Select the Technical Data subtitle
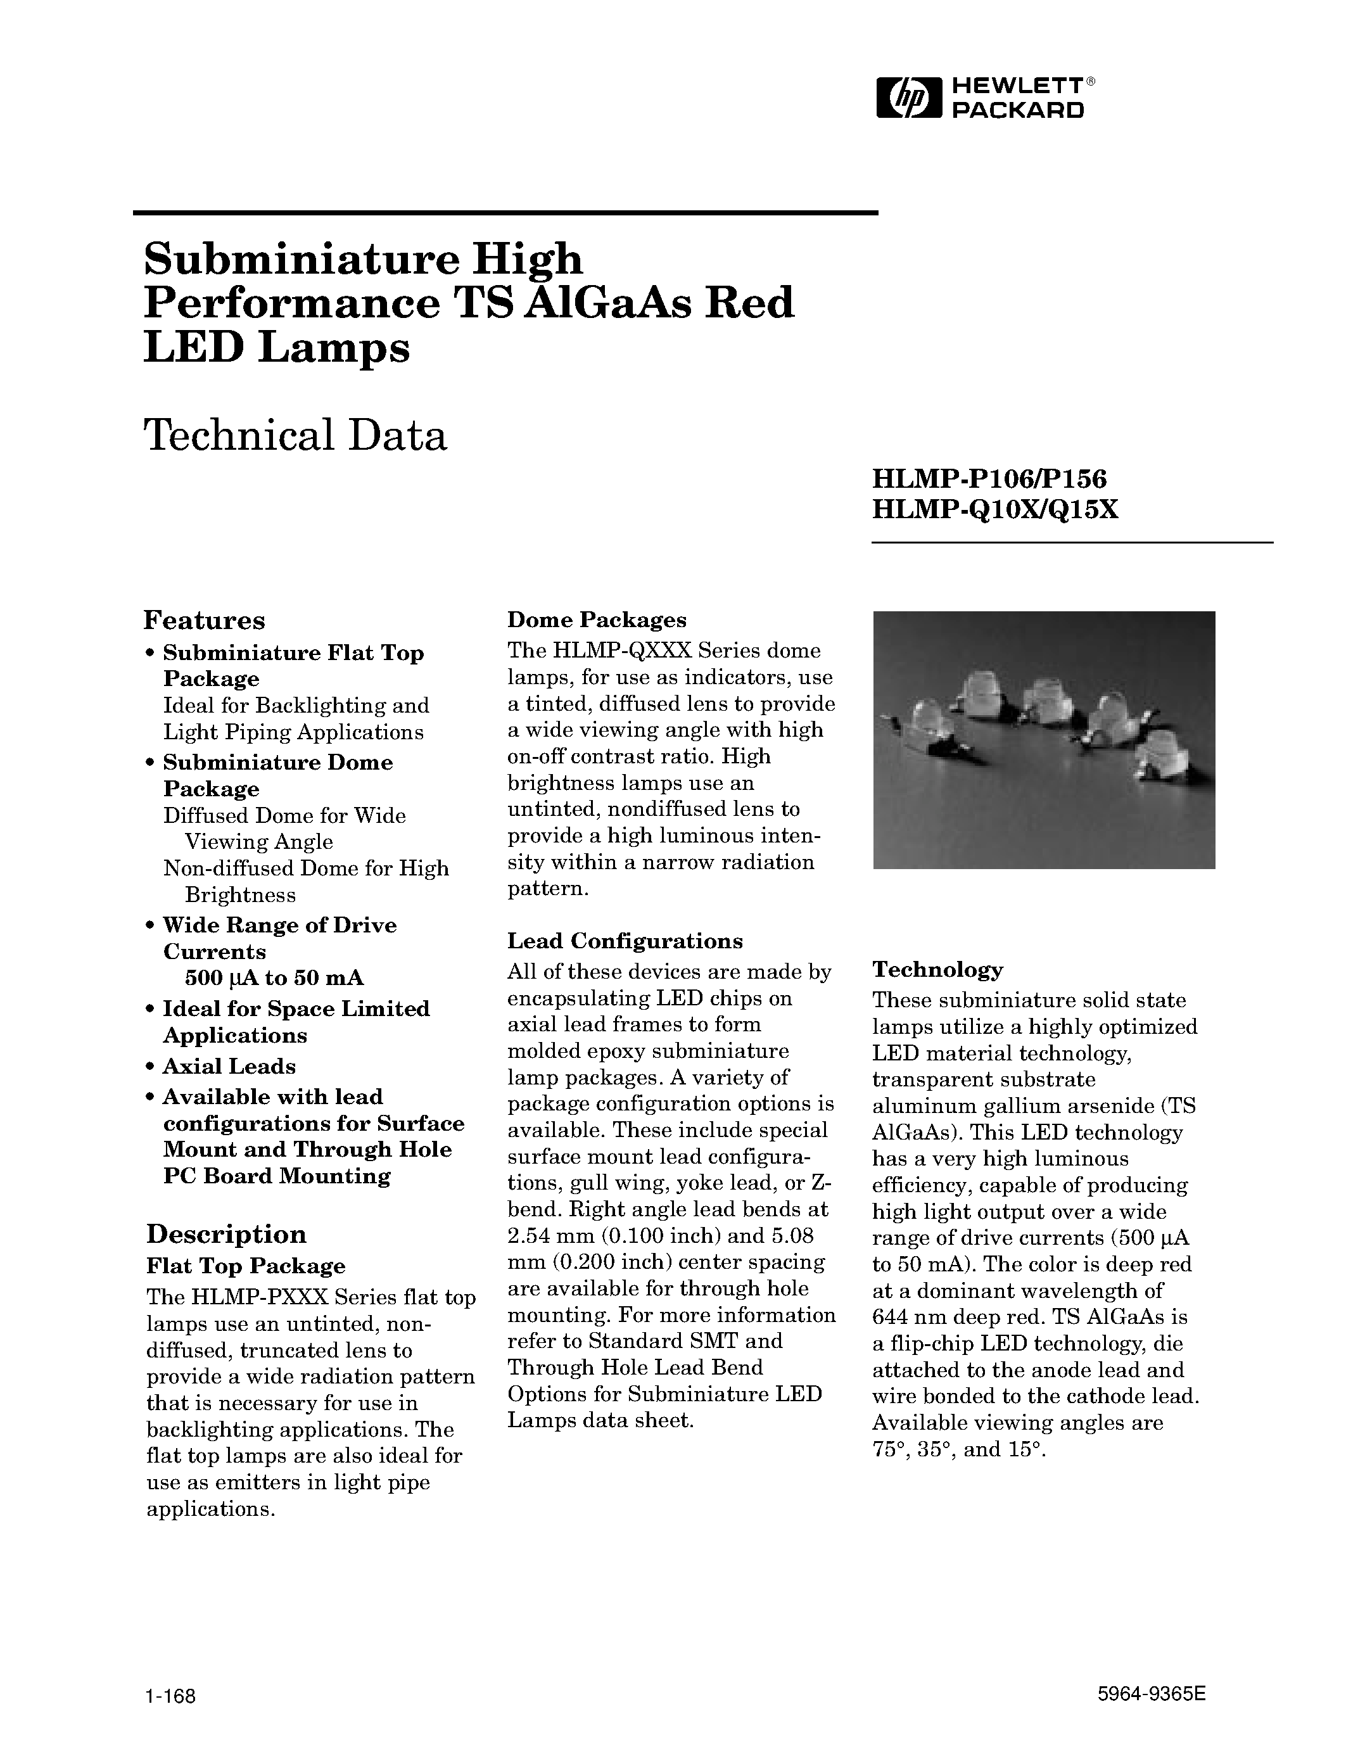295,436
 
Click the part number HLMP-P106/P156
989,480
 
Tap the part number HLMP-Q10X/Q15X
995,509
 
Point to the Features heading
204,620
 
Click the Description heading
227,1233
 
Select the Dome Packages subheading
597,620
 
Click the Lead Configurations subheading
625,941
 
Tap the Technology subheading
937,969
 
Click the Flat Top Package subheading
246,1266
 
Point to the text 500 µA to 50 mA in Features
274,978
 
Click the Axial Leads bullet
229,1066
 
